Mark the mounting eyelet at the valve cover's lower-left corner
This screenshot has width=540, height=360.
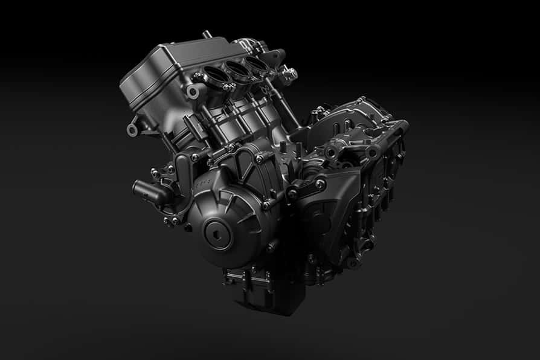(x=132, y=130)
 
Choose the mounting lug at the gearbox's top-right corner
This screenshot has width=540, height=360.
(x=402, y=127)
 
